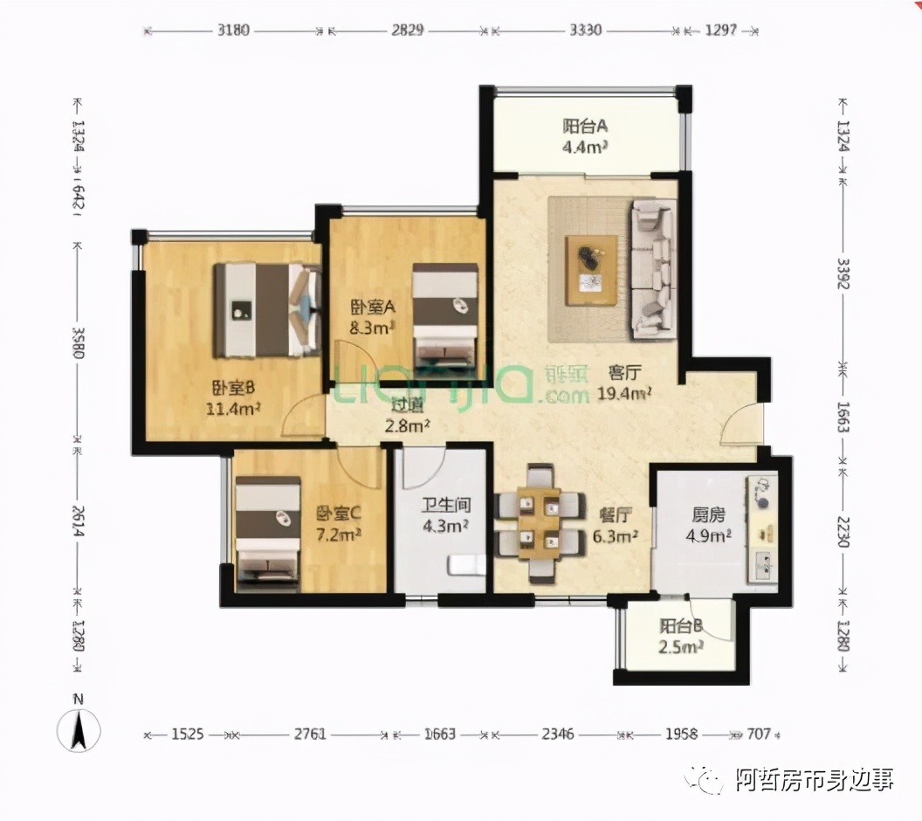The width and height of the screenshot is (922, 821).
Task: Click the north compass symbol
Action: [x=79, y=729]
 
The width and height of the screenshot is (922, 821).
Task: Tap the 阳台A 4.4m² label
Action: [x=585, y=136]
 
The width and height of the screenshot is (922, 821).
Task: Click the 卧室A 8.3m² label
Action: [x=374, y=317]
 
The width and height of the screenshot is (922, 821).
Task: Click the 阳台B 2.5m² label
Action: [x=682, y=637]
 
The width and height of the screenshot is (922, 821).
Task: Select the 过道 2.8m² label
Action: [x=409, y=416]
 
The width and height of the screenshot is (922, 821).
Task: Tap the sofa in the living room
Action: [x=654, y=268]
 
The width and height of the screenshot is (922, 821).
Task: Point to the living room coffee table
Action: [x=591, y=269]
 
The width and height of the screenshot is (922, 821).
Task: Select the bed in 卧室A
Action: [x=445, y=315]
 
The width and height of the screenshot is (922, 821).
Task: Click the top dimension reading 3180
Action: [x=233, y=30]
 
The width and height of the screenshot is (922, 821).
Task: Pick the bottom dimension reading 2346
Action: [x=557, y=734]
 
